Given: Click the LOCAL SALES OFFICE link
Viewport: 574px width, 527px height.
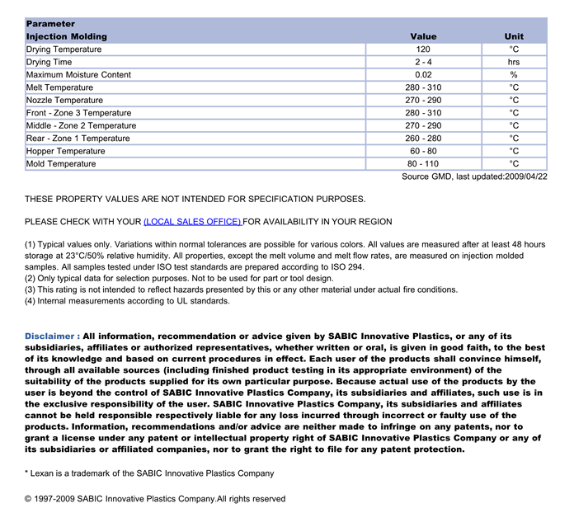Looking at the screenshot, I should click(x=192, y=222).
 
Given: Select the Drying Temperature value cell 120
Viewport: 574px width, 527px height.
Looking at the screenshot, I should click(x=423, y=49).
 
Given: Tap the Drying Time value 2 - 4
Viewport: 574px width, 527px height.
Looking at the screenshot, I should click(x=423, y=62).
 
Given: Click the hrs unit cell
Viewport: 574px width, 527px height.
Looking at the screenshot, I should click(x=514, y=62).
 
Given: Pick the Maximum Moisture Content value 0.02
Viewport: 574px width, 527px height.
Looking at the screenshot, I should click(x=423, y=75).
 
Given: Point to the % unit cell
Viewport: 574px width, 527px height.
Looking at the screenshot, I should click(x=514, y=75).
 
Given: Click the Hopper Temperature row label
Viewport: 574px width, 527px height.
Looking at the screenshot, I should click(x=66, y=151).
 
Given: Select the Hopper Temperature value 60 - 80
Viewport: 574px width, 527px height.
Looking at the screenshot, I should click(x=423, y=151).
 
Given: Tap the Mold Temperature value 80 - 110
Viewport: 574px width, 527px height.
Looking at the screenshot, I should click(x=423, y=164).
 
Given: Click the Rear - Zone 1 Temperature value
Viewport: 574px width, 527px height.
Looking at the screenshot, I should click(x=423, y=139).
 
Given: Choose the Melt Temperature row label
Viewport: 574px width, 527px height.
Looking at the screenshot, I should click(x=59, y=87).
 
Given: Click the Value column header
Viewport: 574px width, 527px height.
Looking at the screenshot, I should click(x=423, y=36).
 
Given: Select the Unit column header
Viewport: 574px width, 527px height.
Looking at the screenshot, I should click(x=514, y=36).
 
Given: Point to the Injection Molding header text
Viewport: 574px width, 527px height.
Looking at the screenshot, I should click(x=67, y=36).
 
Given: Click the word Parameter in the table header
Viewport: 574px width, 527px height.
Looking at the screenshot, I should click(x=50, y=24).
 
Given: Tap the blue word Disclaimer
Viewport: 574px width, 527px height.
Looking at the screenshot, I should click(x=52, y=336).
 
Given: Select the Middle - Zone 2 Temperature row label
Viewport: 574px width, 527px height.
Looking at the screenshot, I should click(x=81, y=125).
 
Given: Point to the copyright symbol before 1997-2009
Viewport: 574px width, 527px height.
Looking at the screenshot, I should click(x=29, y=499).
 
